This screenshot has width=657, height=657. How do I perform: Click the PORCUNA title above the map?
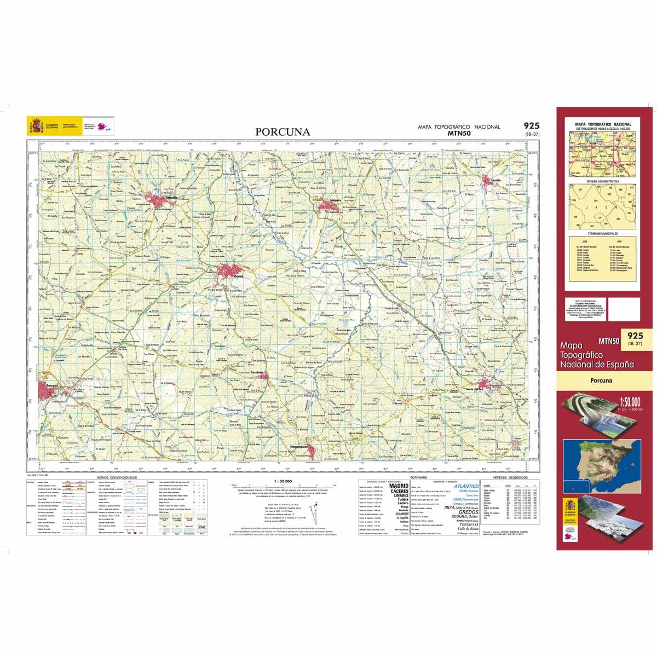pos(283,132)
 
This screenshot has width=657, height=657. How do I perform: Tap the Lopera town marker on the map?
pos(330,204)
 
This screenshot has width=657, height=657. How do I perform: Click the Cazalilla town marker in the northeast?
pos(489,182)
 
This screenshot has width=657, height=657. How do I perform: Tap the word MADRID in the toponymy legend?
pos(398,486)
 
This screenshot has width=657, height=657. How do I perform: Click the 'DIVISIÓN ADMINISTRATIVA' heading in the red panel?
pos(602,181)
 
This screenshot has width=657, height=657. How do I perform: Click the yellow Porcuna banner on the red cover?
pos(602,381)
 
